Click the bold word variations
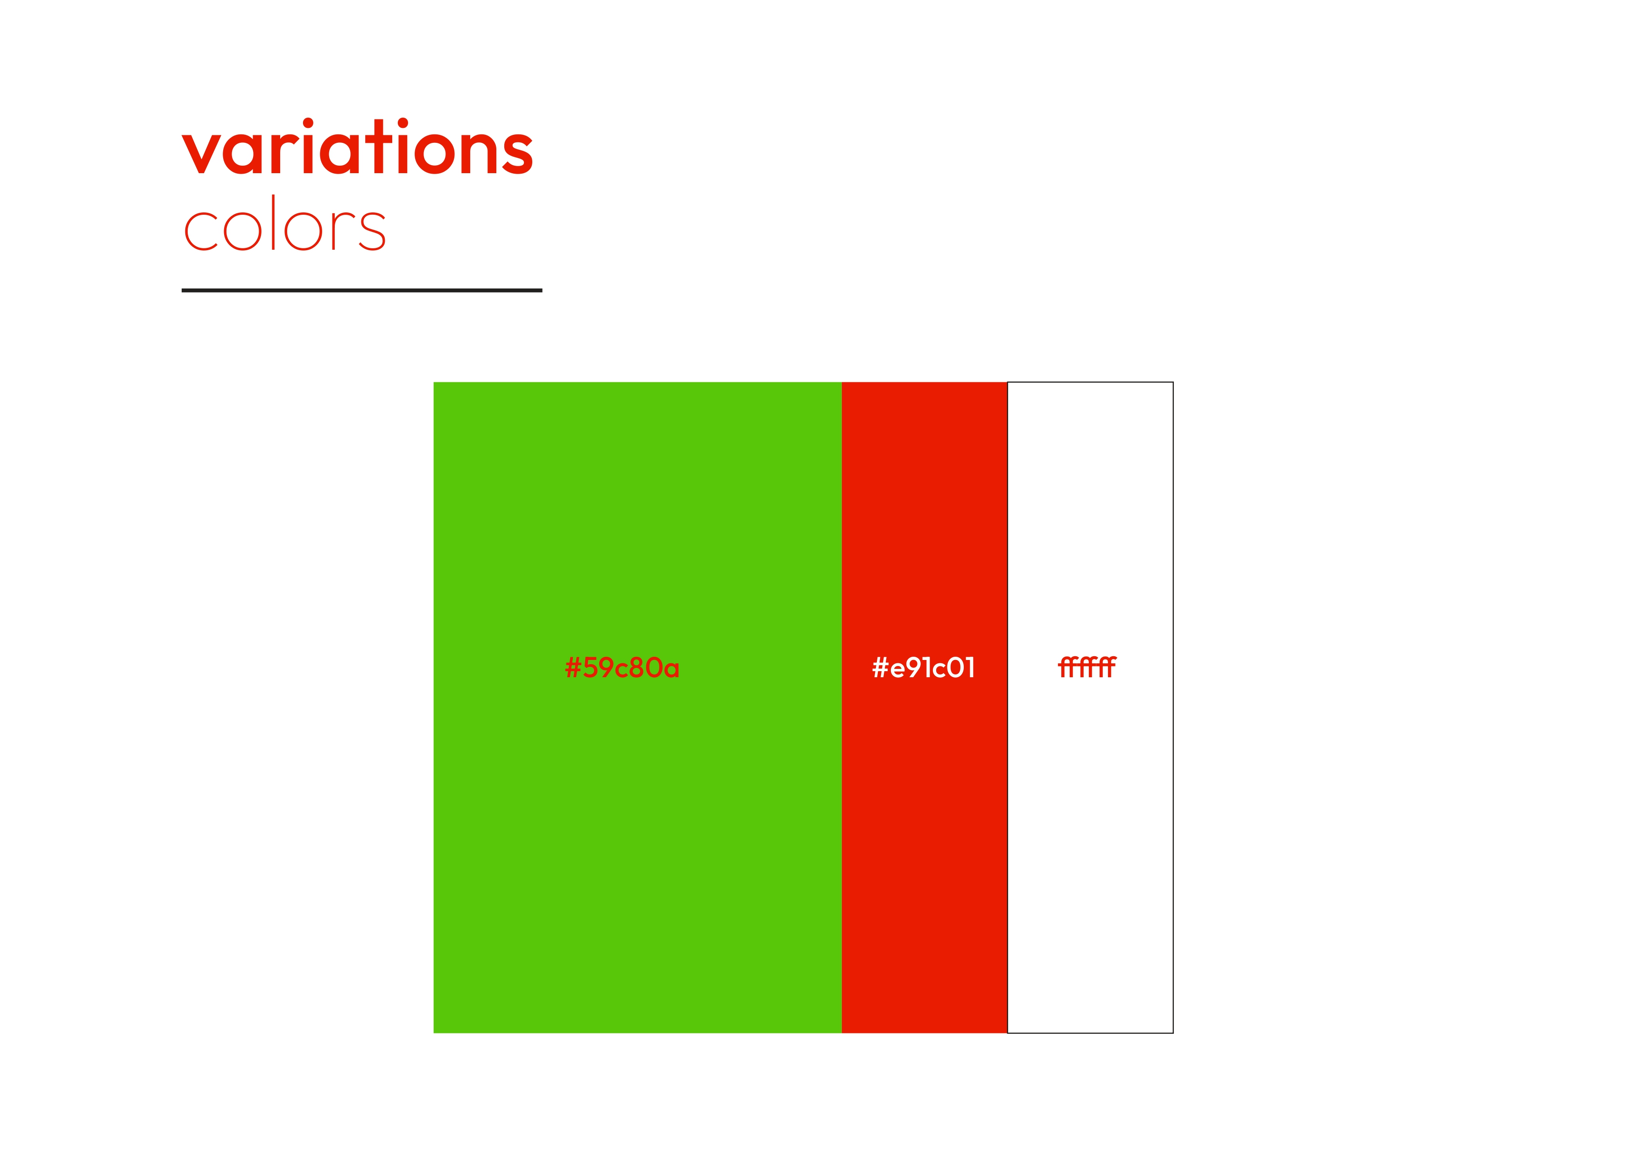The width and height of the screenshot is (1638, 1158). [x=357, y=146]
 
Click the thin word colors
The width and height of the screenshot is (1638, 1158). [x=285, y=223]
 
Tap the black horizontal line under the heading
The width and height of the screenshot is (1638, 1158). [x=362, y=290]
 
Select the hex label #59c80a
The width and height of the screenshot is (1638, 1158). [x=622, y=668]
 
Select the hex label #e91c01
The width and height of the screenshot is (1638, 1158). [x=923, y=668]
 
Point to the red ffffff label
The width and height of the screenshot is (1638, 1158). [x=1087, y=667]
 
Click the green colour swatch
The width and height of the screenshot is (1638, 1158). [x=638, y=707]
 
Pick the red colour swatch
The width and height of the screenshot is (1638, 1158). [x=925, y=707]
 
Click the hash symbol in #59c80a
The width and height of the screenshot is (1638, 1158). [x=573, y=668]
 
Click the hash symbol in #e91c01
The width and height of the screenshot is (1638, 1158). [x=880, y=668]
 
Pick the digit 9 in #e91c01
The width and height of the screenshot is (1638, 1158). [x=915, y=668]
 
